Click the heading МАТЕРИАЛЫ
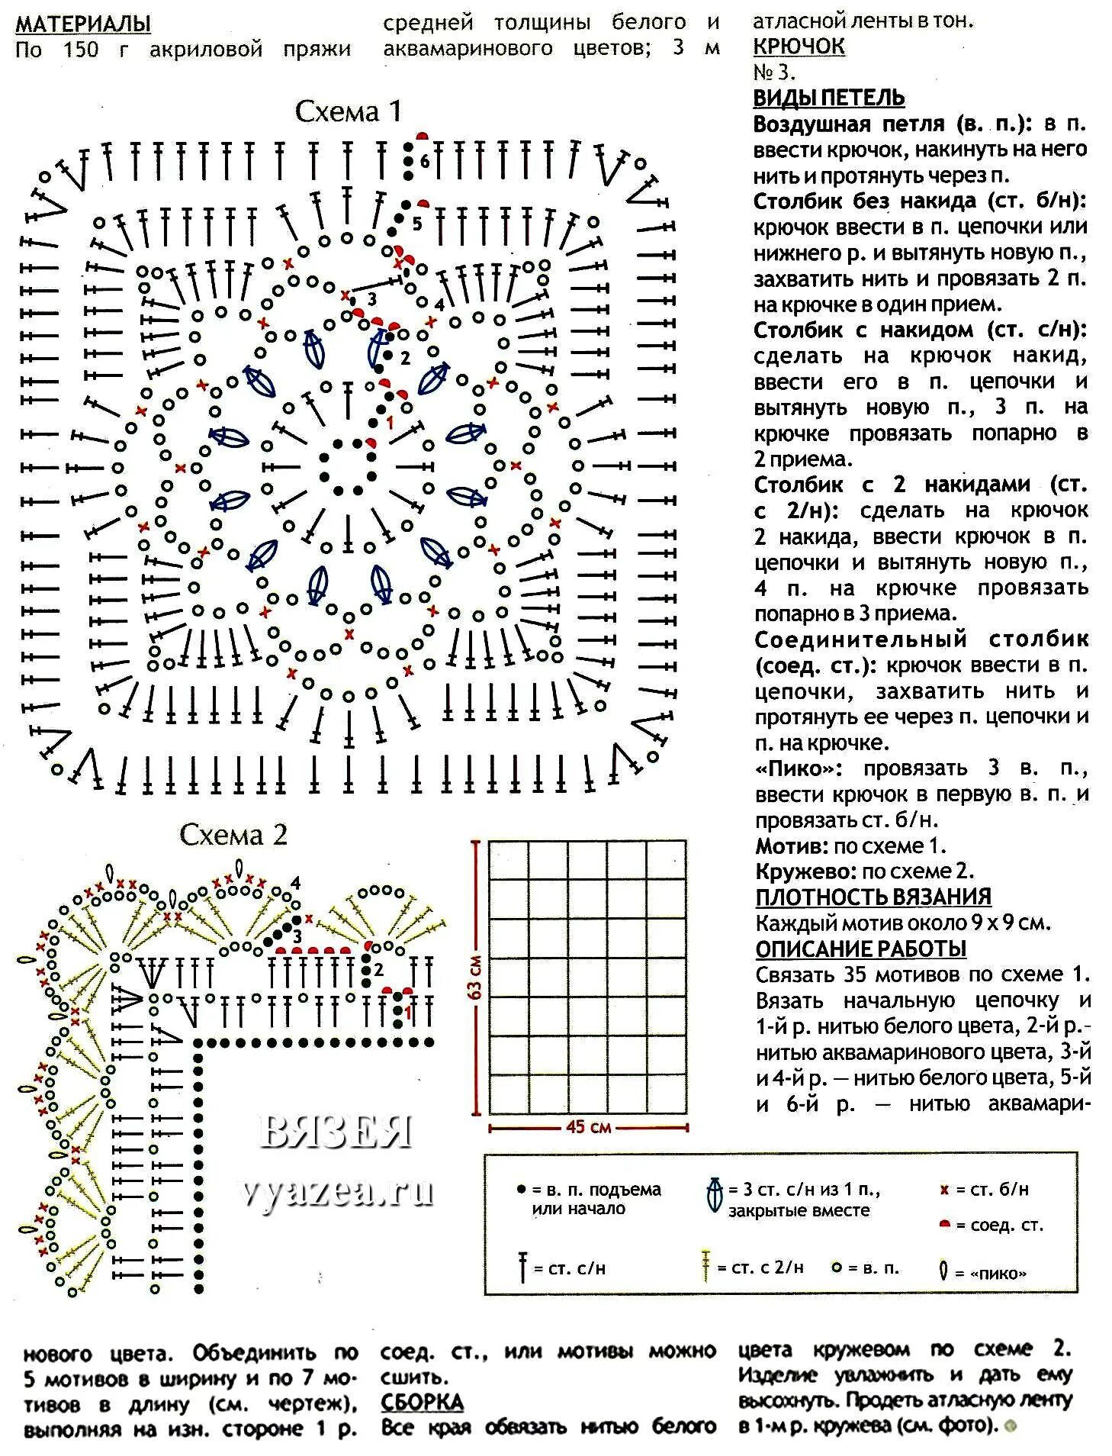[x=83, y=24]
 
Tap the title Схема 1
[x=348, y=112]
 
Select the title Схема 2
[x=233, y=835]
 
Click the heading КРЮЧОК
[x=799, y=47]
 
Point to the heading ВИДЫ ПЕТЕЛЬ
[x=829, y=98]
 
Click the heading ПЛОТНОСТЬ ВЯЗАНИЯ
[x=873, y=897]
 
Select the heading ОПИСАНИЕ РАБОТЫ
[x=861, y=949]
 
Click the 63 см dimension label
[x=476, y=978]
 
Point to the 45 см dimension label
[x=588, y=1126]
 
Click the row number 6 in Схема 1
[x=425, y=162]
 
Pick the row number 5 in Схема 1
[x=416, y=224]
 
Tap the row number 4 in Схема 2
[x=295, y=884]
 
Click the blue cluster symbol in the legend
[x=715, y=1195]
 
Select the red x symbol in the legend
[x=944, y=1190]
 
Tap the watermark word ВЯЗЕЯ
[x=336, y=1132]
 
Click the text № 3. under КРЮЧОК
[x=774, y=72]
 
